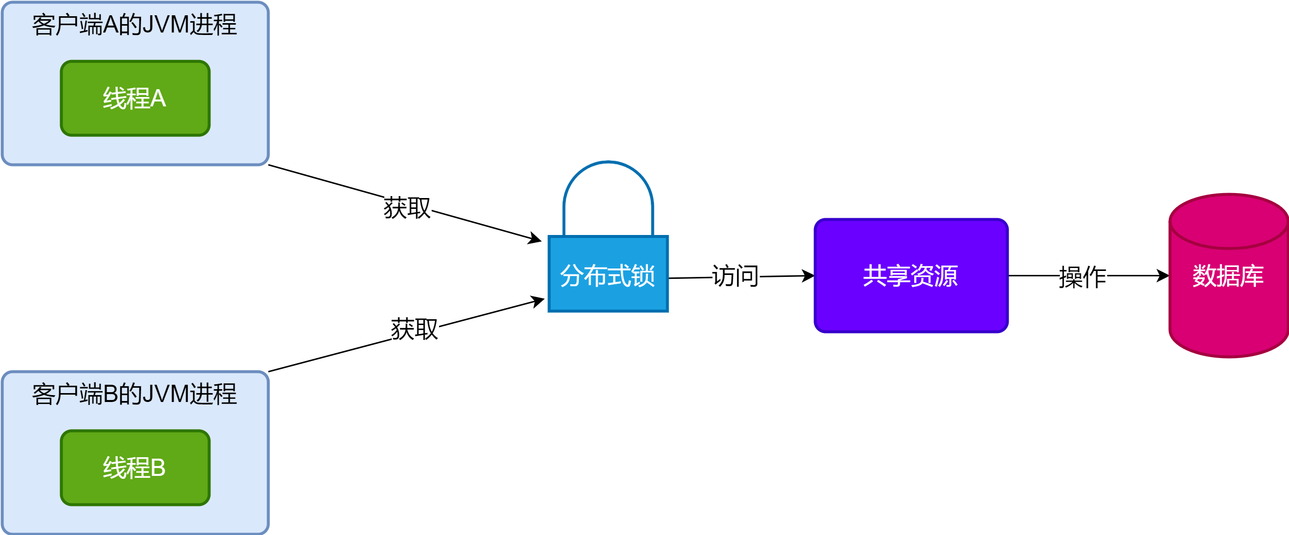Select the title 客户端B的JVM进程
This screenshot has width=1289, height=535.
134,395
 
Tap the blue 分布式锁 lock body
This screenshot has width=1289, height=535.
608,295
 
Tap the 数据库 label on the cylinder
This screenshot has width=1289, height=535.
1228,276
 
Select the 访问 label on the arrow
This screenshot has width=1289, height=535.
735,276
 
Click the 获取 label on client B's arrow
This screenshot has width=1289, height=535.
414,329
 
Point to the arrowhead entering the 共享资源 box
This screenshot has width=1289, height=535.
808,276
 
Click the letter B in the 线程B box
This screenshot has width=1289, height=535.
158,468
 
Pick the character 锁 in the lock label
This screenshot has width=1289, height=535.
643,276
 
